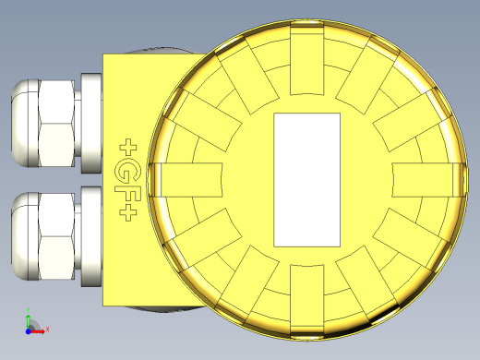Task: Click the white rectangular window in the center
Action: [x=308, y=179]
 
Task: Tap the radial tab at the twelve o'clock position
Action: [x=308, y=60]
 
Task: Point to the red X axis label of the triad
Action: [x=46, y=329]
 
